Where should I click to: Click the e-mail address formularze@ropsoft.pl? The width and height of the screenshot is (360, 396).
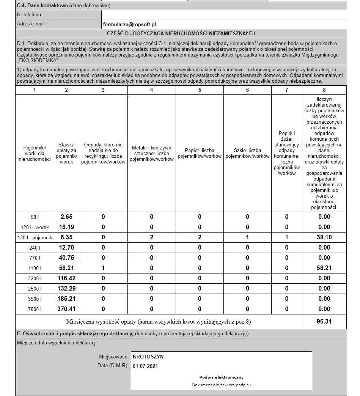[129, 24]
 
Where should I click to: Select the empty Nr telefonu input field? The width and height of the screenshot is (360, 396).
[224, 14]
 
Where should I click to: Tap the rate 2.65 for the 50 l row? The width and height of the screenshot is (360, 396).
[66, 217]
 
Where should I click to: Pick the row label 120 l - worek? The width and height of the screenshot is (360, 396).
[35, 227]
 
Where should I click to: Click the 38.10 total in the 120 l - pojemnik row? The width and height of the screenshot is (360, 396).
[324, 237]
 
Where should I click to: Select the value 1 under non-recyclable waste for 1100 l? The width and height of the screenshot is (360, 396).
[103, 268]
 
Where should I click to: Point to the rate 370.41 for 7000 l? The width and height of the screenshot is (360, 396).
[66, 309]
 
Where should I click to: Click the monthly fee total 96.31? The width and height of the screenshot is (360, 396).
[324, 322]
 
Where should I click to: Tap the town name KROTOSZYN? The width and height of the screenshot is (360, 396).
[148, 357]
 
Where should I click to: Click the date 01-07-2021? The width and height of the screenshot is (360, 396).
[146, 366]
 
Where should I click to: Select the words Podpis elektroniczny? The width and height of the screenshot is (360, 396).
[222, 377]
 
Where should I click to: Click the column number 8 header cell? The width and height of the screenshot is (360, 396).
[324, 90]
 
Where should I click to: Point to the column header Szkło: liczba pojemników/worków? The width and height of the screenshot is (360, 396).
[247, 153]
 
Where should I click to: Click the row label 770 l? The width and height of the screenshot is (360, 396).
[35, 258]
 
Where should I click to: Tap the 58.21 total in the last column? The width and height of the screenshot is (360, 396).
[324, 268]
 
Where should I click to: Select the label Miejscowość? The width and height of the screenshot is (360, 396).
[113, 357]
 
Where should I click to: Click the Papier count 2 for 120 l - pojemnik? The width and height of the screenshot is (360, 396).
[200, 237]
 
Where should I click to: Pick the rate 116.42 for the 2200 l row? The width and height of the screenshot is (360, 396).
[66, 278]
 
